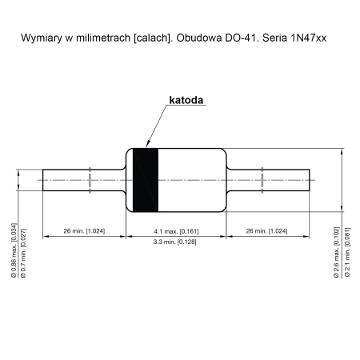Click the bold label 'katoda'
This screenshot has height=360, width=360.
click(x=186, y=102)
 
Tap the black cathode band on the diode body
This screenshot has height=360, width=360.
click(x=145, y=180)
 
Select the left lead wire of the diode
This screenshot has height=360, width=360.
click(x=80, y=180)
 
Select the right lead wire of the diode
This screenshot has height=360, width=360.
click(x=272, y=180)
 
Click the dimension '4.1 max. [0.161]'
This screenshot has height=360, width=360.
click(x=176, y=230)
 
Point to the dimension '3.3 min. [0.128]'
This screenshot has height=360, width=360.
click(x=176, y=241)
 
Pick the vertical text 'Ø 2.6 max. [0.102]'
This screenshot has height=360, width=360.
click(x=335, y=252)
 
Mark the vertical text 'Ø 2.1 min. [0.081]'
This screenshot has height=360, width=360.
click(x=346, y=252)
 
